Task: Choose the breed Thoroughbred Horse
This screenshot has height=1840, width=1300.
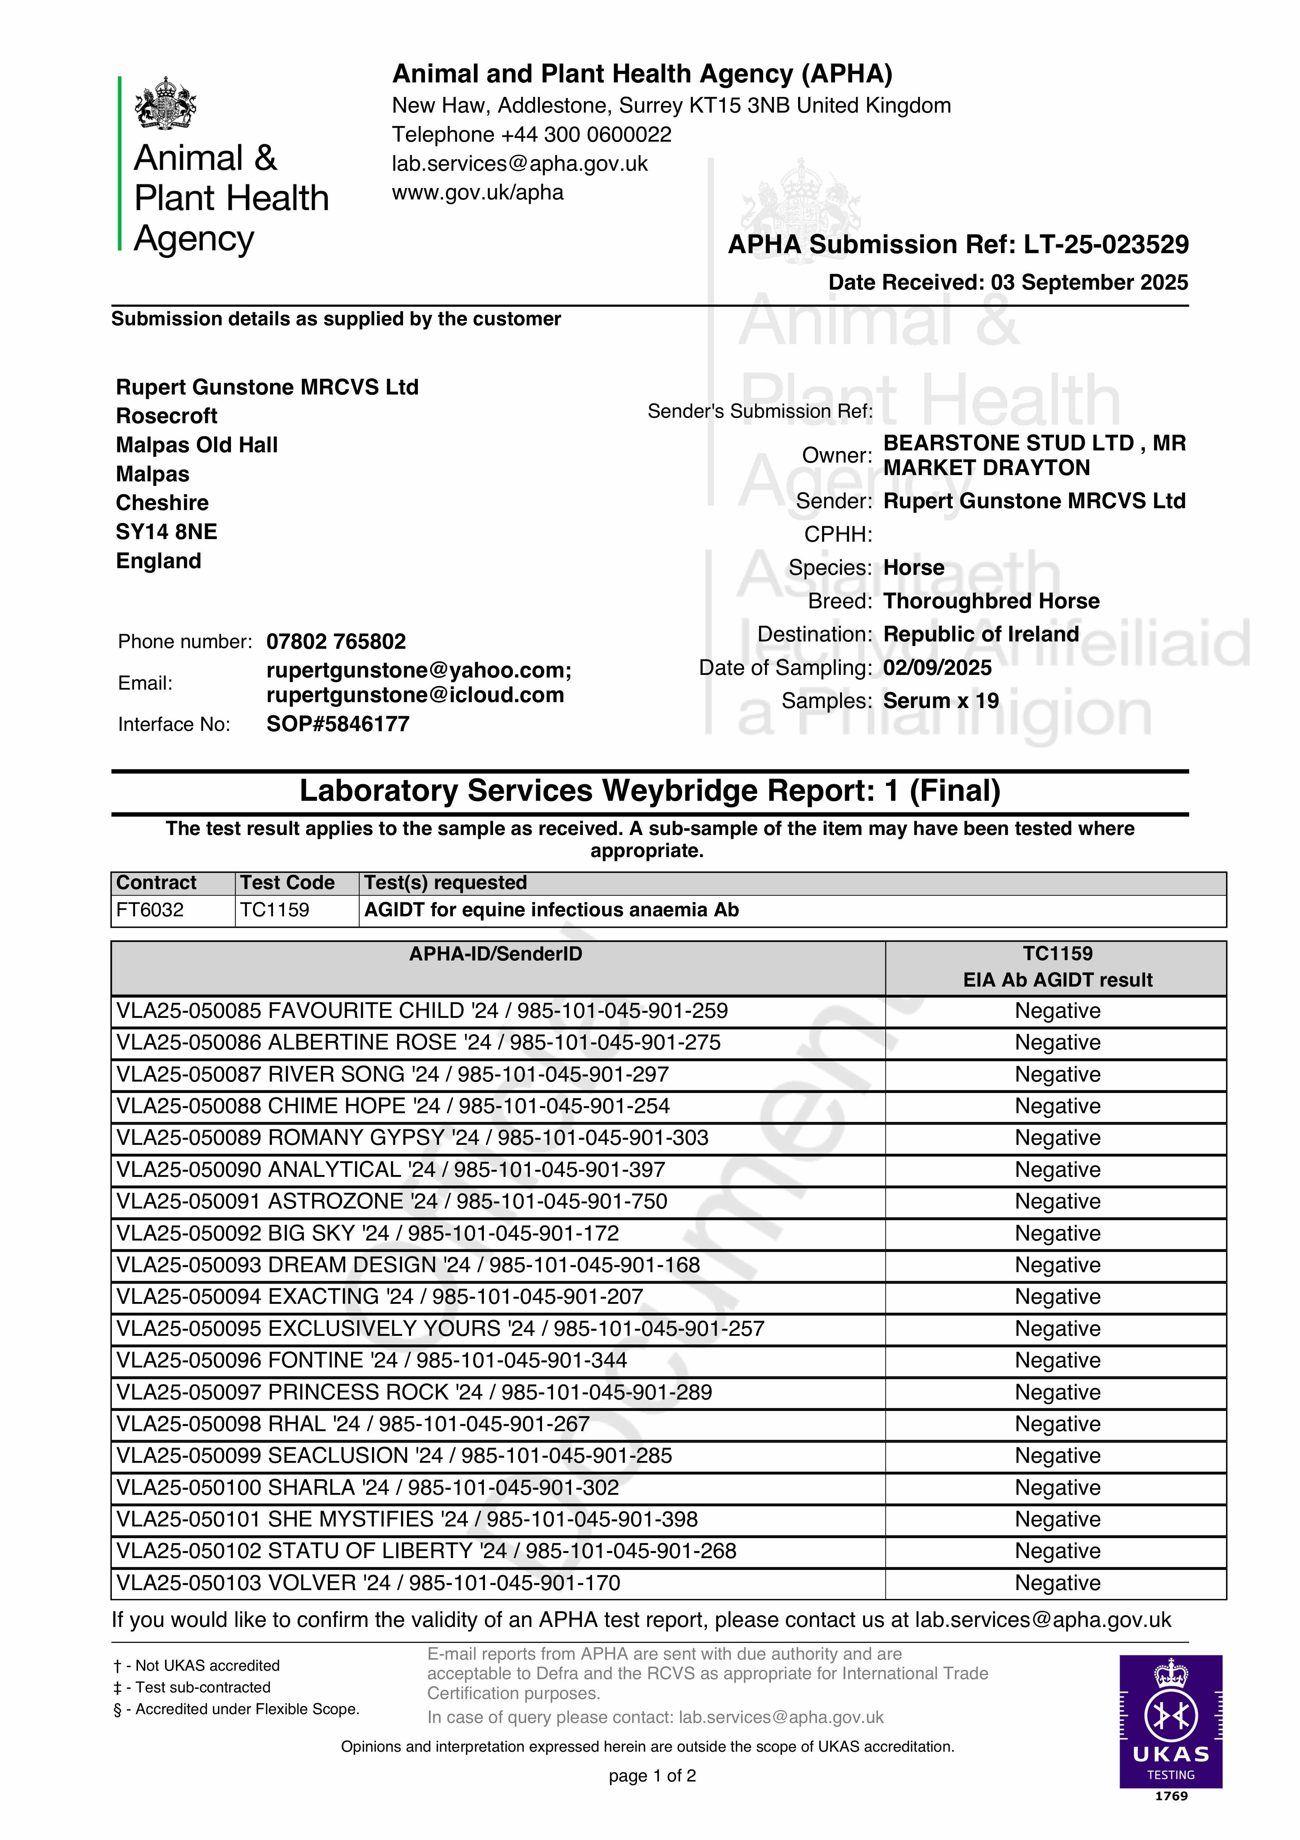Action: pos(991,601)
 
